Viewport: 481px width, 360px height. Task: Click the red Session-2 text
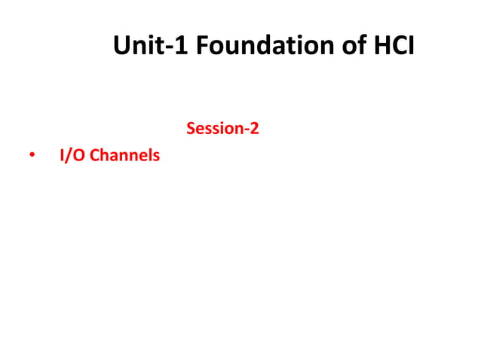[222, 129]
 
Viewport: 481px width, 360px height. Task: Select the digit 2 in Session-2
[255, 129]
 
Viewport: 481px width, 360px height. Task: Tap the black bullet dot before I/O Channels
[32, 157]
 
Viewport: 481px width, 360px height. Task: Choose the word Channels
[125, 157]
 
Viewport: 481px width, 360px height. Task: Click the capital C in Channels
[94, 157]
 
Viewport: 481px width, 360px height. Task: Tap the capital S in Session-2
[190, 129]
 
